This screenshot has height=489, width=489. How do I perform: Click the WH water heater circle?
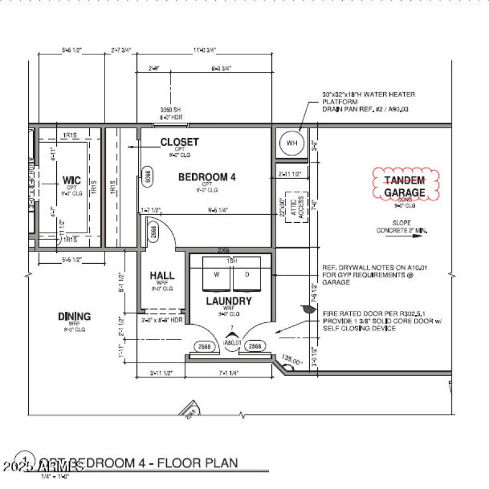click(x=292, y=143)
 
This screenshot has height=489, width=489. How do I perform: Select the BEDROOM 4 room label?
click(x=207, y=177)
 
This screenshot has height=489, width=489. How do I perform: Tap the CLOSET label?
click(x=179, y=142)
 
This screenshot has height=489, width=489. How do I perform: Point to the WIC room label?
click(x=72, y=181)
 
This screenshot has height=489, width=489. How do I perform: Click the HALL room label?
click(x=162, y=275)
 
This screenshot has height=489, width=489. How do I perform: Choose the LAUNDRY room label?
click(x=229, y=301)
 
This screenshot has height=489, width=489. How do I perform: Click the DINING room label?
click(x=74, y=316)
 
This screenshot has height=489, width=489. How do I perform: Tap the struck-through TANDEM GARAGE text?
click(x=404, y=187)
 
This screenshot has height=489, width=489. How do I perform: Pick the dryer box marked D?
click(x=247, y=275)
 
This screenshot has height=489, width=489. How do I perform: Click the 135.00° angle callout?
click(x=292, y=361)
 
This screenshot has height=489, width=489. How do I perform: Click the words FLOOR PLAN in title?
click(x=197, y=463)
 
